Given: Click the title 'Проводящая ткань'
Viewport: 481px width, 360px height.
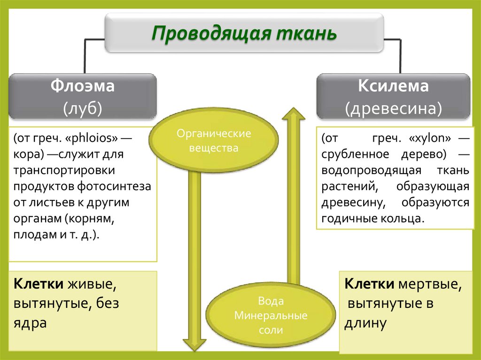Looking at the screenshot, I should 244,34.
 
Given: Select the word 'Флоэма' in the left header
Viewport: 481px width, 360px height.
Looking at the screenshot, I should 83,87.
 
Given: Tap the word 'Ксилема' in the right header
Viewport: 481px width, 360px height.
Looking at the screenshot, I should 393,87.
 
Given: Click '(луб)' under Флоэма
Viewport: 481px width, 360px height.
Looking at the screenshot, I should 83,108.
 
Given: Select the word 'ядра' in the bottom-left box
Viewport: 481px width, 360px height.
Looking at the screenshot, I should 30,323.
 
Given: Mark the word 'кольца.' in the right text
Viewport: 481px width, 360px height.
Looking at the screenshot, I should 405,218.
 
